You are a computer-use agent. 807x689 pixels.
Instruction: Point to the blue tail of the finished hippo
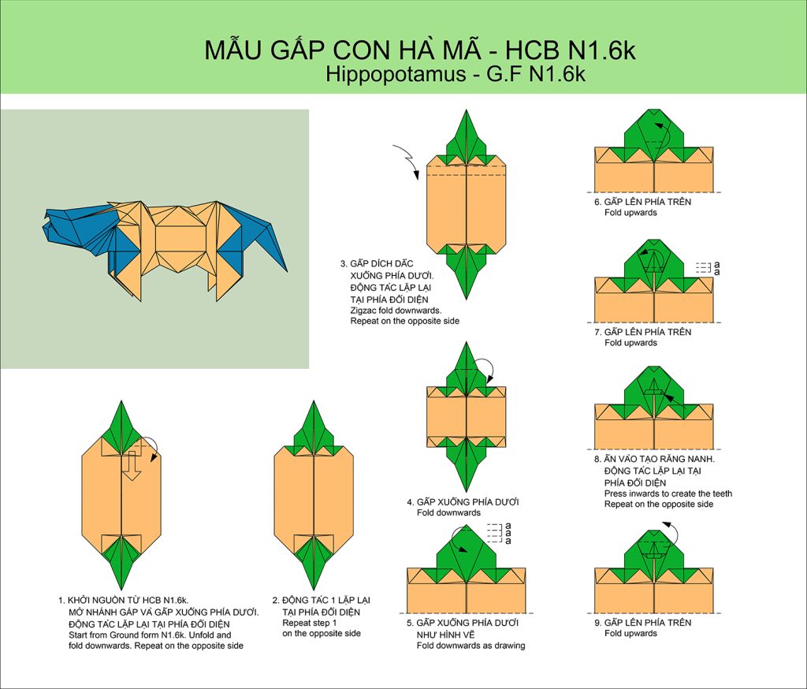click(258, 232)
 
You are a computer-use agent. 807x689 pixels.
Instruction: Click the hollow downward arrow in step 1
click(132, 465)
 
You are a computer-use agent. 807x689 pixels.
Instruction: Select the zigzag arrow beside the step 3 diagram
click(407, 161)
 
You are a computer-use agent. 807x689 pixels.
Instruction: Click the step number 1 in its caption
click(61, 600)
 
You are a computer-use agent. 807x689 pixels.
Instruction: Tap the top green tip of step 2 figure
click(314, 402)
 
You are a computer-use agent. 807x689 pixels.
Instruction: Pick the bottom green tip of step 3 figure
click(467, 298)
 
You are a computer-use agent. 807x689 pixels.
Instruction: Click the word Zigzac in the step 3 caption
click(363, 311)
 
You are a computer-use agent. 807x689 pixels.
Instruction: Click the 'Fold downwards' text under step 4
click(448, 512)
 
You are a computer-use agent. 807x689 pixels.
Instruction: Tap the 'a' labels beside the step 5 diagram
click(508, 534)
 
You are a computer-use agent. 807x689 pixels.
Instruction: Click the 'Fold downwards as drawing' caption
click(471, 645)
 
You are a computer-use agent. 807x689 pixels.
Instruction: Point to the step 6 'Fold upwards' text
click(630, 212)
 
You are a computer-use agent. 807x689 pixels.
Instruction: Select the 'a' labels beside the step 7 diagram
click(717, 268)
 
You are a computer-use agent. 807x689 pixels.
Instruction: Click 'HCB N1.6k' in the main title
click(571, 50)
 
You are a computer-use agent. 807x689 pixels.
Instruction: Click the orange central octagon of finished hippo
click(180, 239)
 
